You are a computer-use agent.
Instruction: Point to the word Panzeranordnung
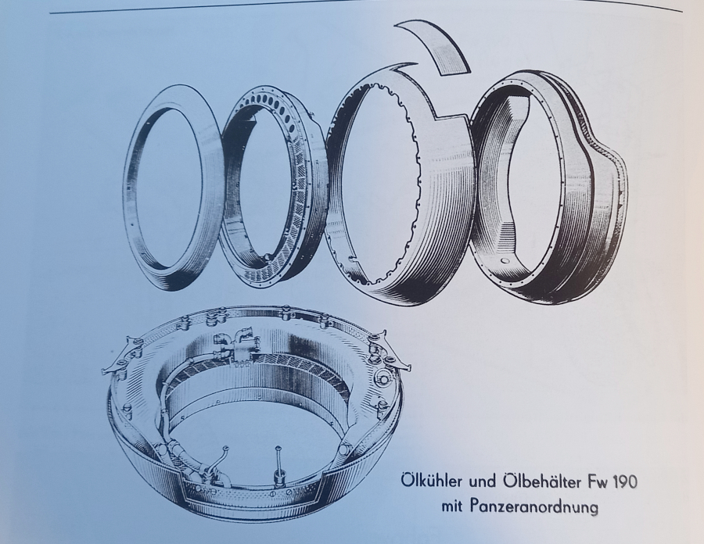click(x=534, y=507)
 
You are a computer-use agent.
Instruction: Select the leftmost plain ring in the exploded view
click(x=135, y=188)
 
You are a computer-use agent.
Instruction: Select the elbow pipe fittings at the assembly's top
click(x=236, y=346)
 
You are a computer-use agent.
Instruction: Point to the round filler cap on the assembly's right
click(x=384, y=379)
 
